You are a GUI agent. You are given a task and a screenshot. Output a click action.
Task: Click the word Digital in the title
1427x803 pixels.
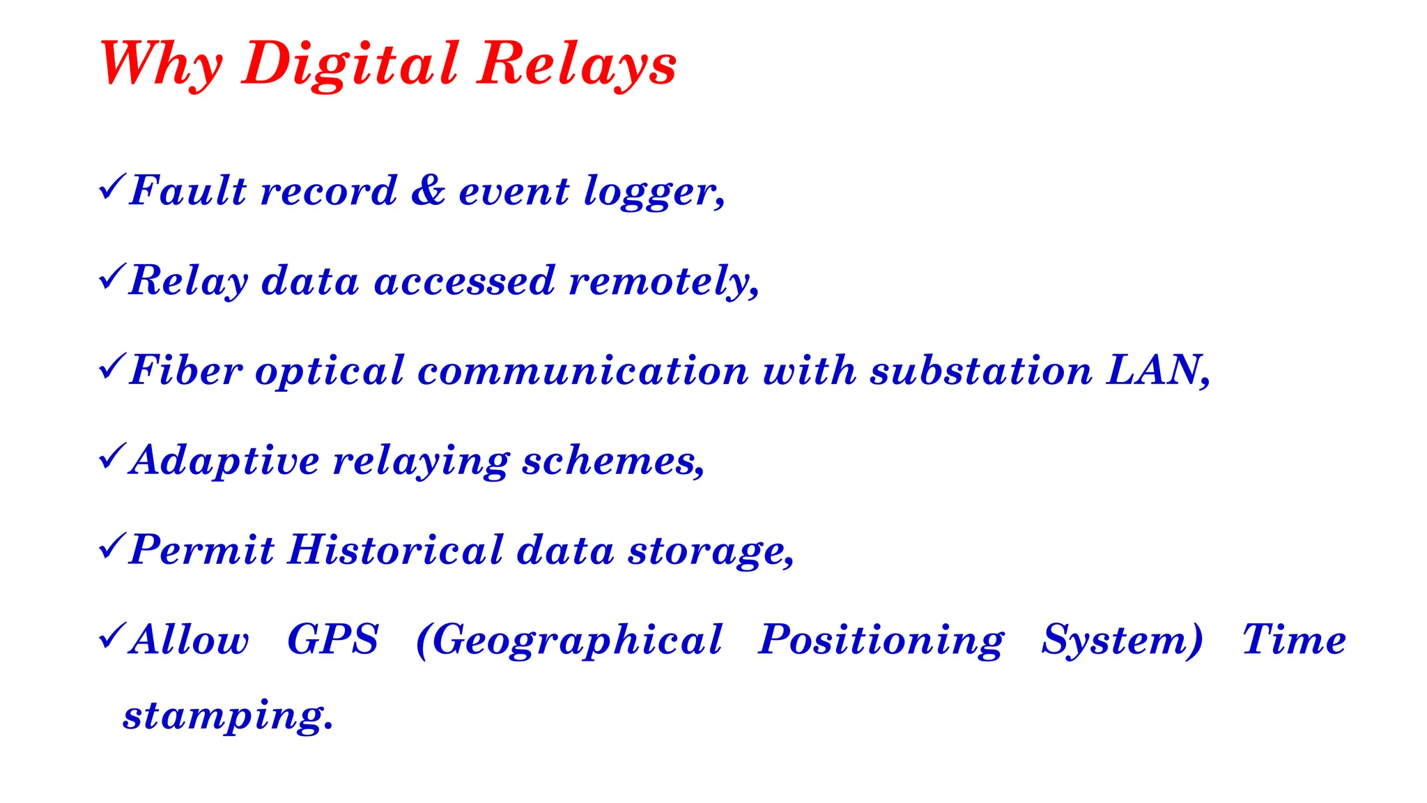pos(350,64)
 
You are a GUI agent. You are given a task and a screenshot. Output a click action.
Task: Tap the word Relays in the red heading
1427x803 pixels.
pos(577,64)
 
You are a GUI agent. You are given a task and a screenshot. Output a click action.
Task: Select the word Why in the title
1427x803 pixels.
pos(161,64)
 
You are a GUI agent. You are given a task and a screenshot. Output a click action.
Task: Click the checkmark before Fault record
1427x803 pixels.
pos(112,188)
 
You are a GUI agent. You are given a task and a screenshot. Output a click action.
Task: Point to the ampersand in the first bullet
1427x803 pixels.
pos(428,190)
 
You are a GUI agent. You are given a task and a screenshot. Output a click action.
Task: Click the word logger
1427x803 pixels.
pos(654,192)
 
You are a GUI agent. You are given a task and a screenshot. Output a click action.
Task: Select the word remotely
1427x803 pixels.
pos(663,281)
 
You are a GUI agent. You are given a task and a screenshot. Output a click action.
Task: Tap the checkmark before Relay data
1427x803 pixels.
pos(112,277)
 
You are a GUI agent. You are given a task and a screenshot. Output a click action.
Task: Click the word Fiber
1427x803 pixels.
pos(186,369)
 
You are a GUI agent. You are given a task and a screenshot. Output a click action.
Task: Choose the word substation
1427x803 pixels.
pos(981,369)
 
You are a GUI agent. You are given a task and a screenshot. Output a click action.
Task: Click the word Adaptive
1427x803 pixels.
pos(224,461)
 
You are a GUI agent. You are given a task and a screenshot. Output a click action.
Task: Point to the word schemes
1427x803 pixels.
pos(613,461)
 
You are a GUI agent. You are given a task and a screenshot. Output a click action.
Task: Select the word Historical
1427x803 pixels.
pos(396,550)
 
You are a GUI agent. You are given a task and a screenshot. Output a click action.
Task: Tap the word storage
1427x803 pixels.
pos(711,552)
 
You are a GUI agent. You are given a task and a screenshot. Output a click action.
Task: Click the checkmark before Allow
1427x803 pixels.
pos(112,636)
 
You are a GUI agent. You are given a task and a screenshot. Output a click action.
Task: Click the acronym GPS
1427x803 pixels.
pos(333,639)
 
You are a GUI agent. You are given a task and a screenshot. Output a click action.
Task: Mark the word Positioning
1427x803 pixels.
pos(881,641)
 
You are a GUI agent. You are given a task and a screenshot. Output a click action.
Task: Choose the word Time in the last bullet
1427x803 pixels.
pos(1294,639)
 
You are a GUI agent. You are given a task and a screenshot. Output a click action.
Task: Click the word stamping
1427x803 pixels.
pos(228,716)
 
